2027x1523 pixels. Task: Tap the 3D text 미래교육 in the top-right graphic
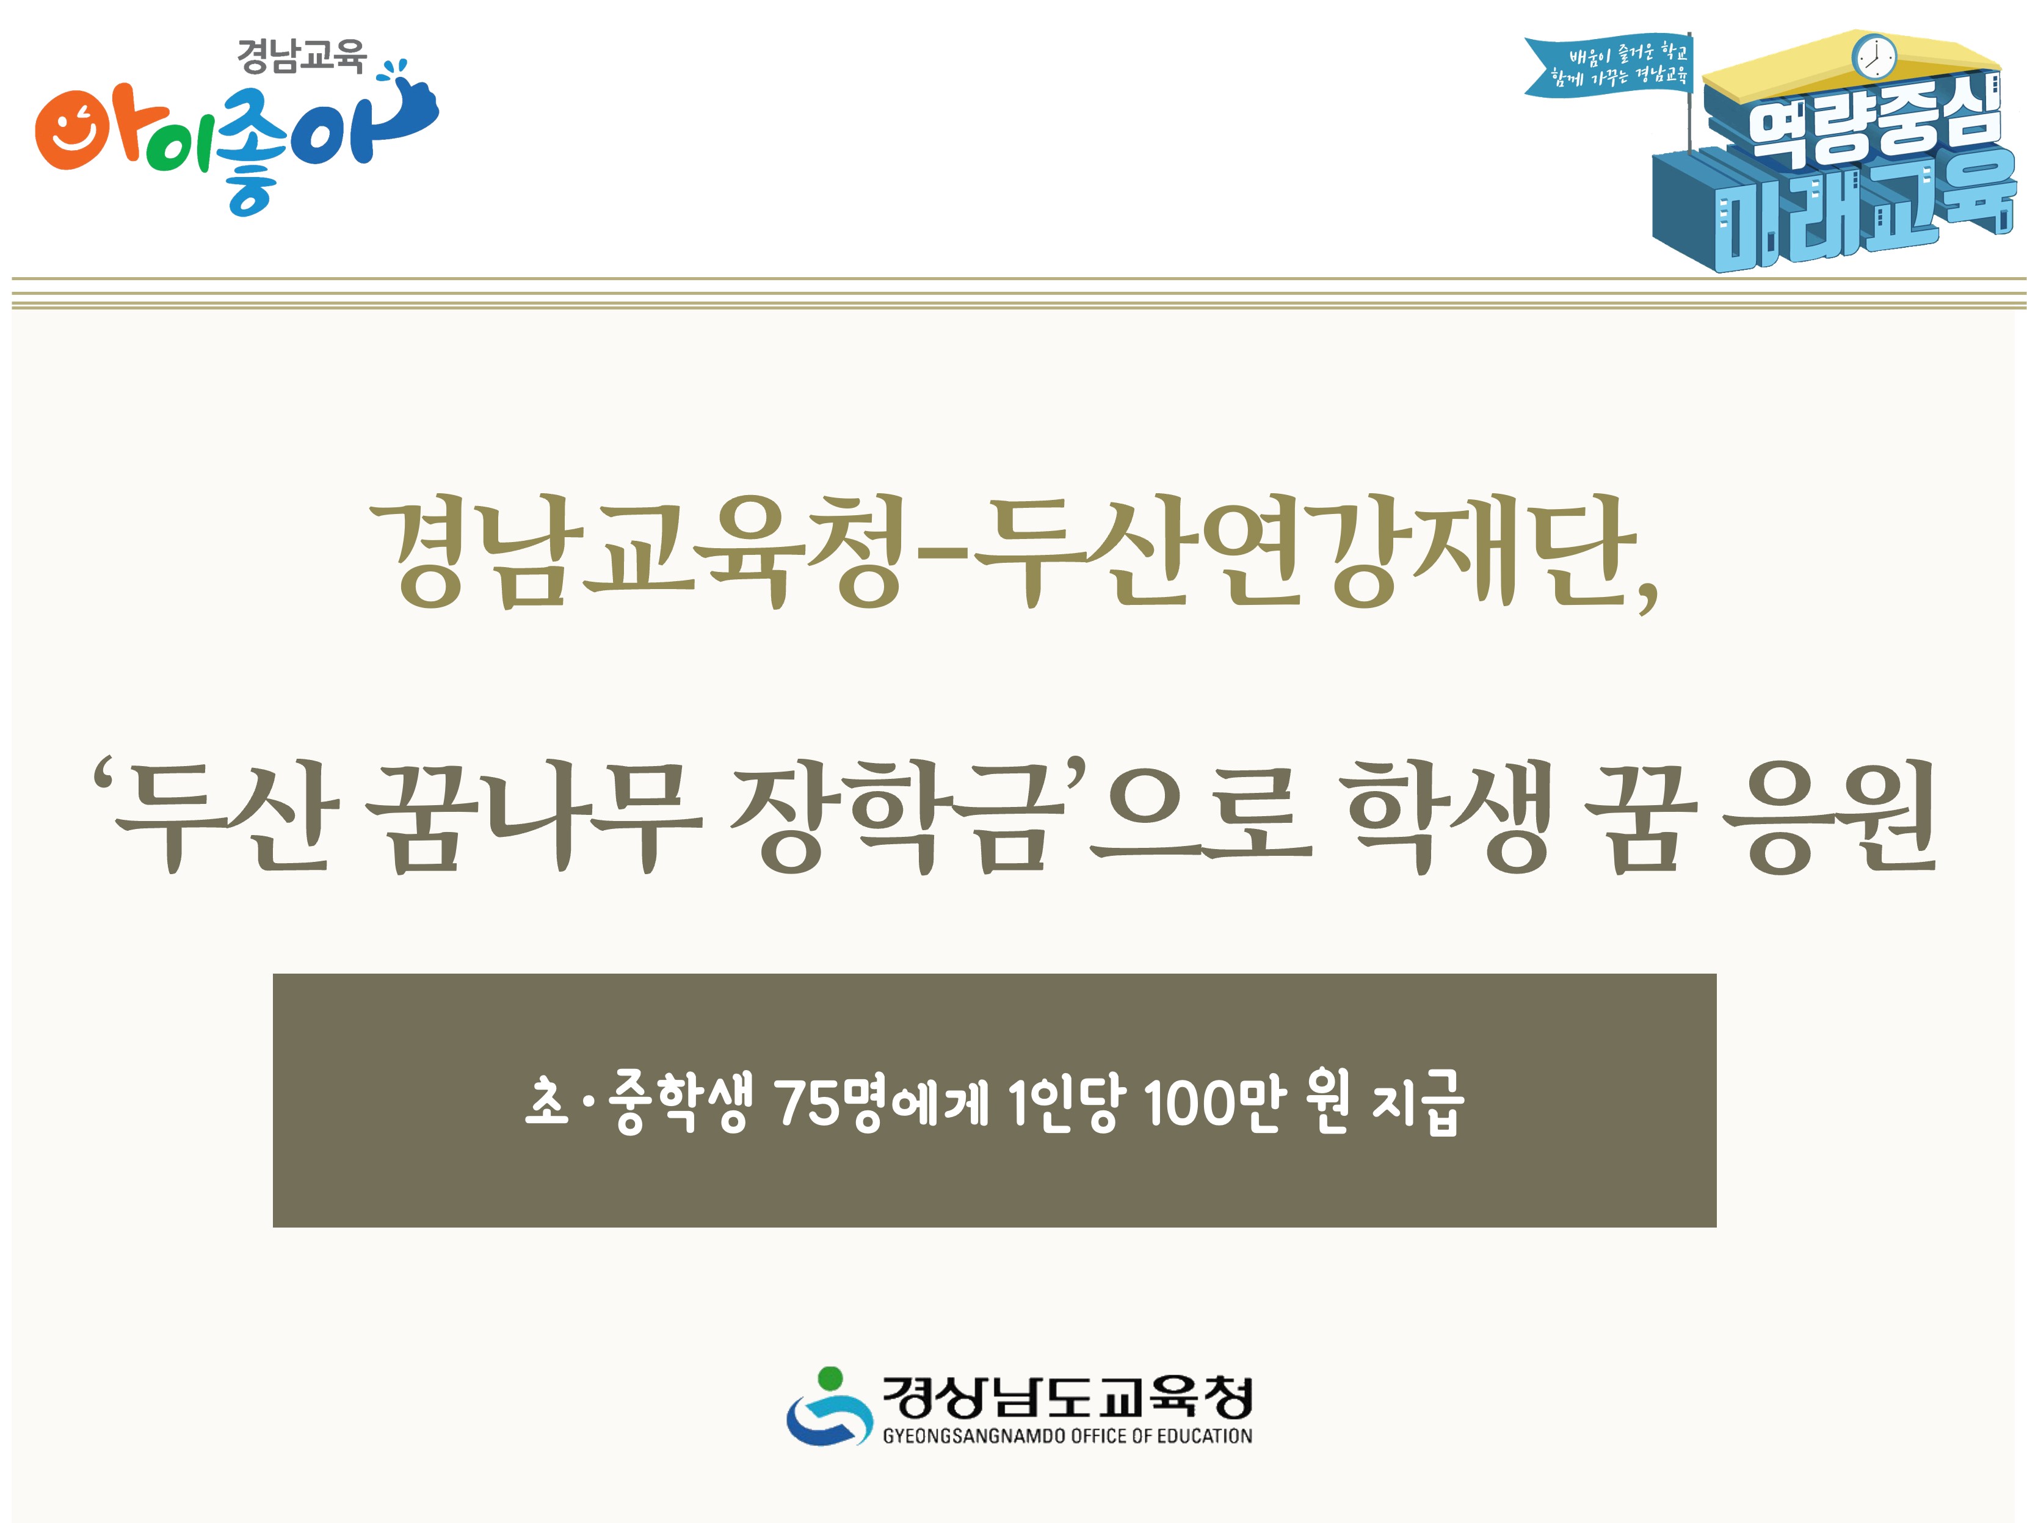[x=1851, y=215]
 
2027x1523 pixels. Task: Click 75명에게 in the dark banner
[x=880, y=1102]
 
